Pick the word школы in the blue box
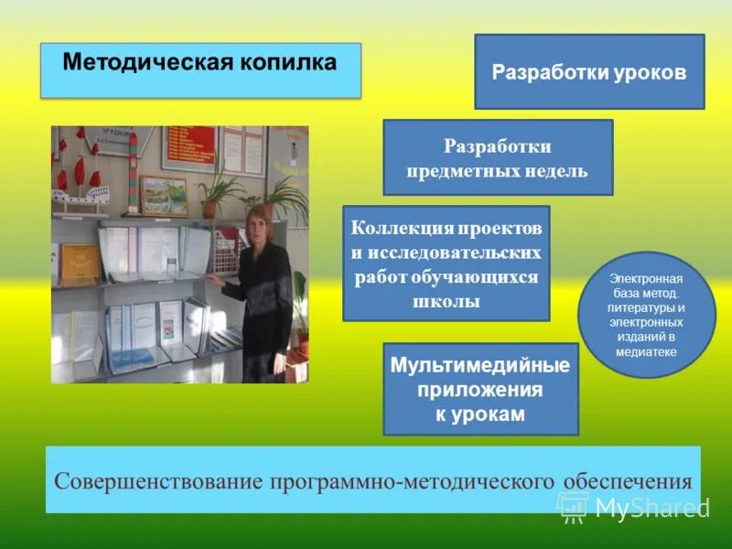click(x=446, y=301)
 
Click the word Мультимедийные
click(x=480, y=366)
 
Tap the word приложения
click(x=480, y=390)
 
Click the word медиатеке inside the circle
click(x=647, y=352)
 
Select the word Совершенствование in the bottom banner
click(x=161, y=481)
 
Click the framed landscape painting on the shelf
click(x=164, y=195)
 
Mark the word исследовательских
click(x=447, y=252)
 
